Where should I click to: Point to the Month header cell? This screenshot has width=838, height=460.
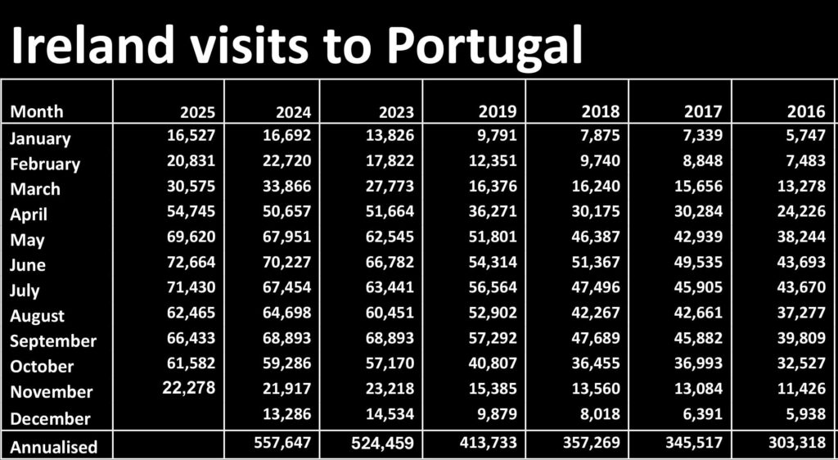pyautogui.click(x=37, y=111)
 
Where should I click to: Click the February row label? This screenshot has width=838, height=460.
pyautogui.click(x=45, y=164)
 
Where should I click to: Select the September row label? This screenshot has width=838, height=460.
pyautogui.click(x=53, y=340)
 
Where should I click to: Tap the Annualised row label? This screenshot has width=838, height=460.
pyautogui.click(x=54, y=447)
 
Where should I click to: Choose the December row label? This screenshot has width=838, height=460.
pyautogui.click(x=50, y=418)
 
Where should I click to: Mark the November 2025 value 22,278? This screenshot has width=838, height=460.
pyautogui.click(x=189, y=387)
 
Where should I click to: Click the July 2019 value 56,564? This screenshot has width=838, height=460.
pyautogui.click(x=490, y=288)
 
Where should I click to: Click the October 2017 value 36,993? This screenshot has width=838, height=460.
pyautogui.click(x=696, y=364)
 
